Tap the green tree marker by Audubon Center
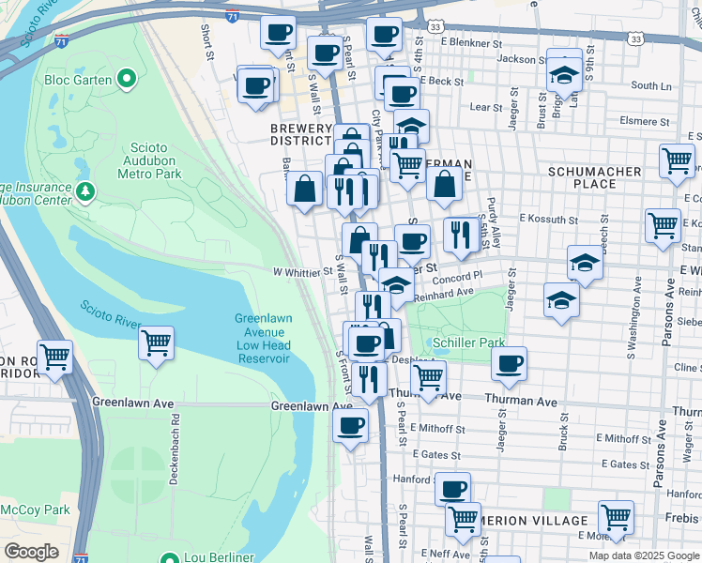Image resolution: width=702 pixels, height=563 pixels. pyautogui.click(x=85, y=192)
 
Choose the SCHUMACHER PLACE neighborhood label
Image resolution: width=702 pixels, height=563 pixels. pyautogui.click(x=595, y=177)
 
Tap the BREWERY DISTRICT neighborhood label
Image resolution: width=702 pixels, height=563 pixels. pyautogui.click(x=301, y=134)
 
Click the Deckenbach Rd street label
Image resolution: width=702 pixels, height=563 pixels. pyautogui.click(x=175, y=457)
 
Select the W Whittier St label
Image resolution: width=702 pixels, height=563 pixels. pyautogui.click(x=302, y=272)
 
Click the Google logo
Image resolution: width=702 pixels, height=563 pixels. pyautogui.click(x=31, y=551)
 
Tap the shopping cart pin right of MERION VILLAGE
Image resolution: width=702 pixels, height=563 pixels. pyautogui.click(x=616, y=515)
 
